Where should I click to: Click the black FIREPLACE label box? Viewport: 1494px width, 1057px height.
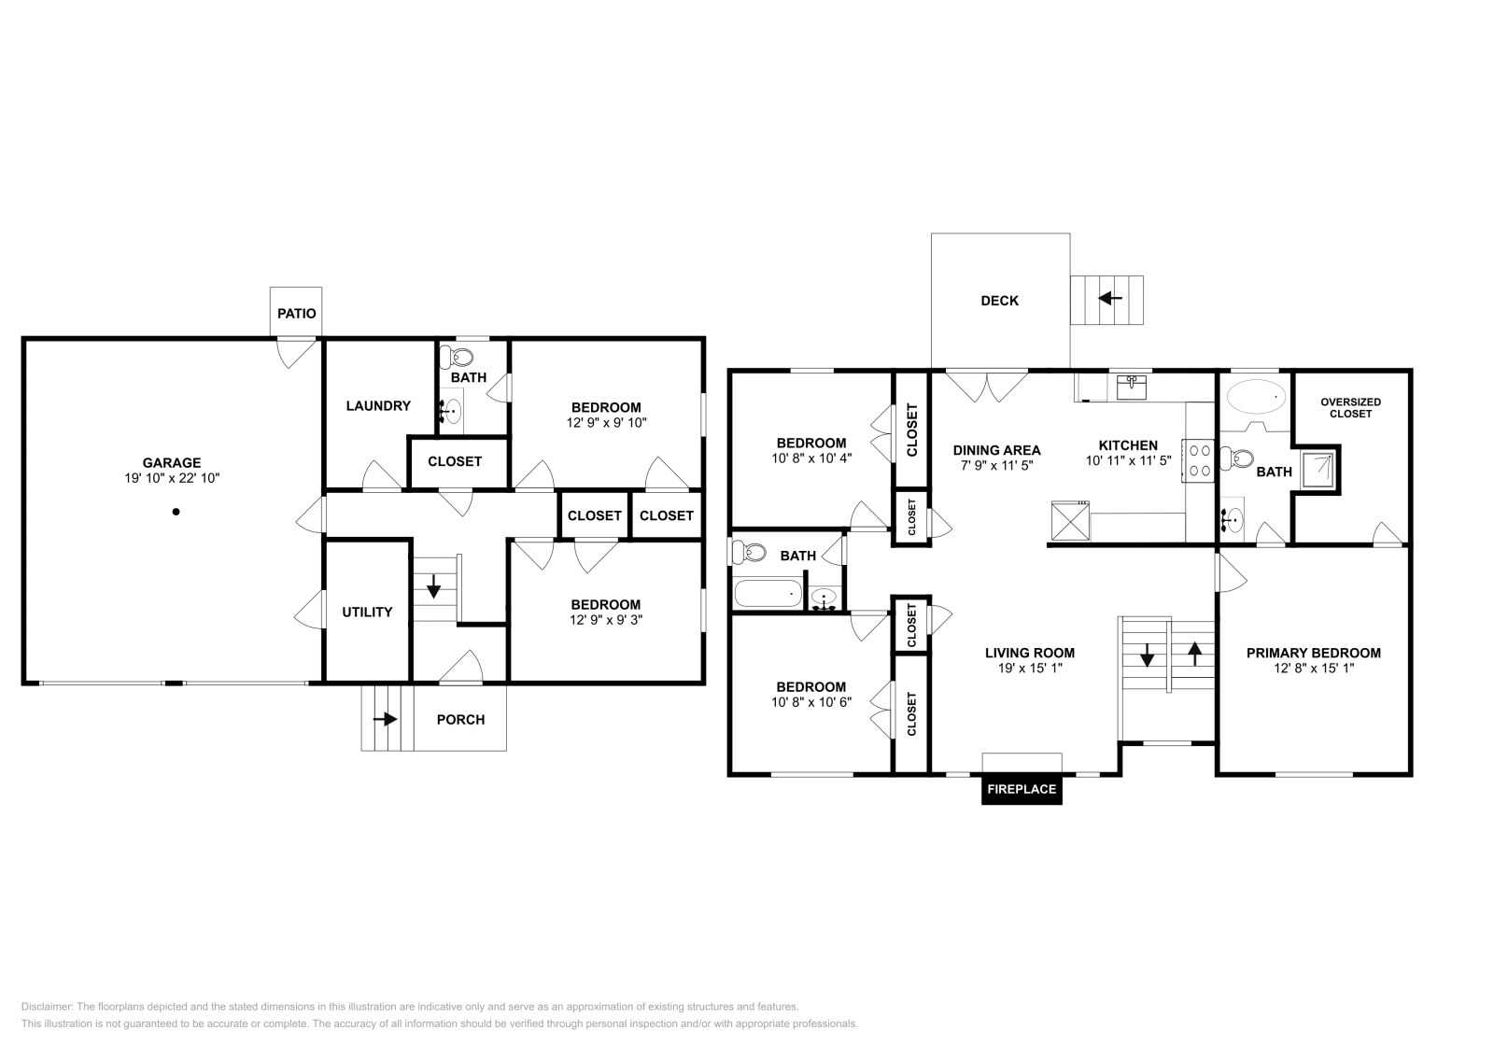pyautogui.click(x=1022, y=790)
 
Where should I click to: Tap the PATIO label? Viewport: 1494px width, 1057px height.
pyautogui.click(x=297, y=314)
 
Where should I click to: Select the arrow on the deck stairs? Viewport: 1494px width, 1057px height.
pyautogui.click(x=1110, y=298)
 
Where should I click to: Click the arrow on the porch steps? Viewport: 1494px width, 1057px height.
pyautogui.click(x=385, y=720)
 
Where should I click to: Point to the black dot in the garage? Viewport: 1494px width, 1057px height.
pyautogui.click(x=176, y=512)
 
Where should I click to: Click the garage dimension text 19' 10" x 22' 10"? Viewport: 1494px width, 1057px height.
pyautogui.click(x=172, y=478)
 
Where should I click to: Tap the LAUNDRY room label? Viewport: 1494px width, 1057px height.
pyautogui.click(x=378, y=405)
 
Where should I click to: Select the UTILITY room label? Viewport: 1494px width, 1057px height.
pyautogui.click(x=367, y=613)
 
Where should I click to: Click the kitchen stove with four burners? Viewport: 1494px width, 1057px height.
pyautogui.click(x=1199, y=460)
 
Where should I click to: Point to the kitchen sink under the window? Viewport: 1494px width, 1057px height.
pyautogui.click(x=1131, y=387)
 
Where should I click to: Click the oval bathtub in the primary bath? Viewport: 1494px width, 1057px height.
pyautogui.click(x=1256, y=397)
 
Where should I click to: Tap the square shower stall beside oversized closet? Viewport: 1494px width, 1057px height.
pyautogui.click(x=1318, y=470)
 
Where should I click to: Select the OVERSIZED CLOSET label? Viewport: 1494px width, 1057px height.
pyautogui.click(x=1350, y=408)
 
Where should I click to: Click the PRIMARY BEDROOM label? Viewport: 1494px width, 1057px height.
pyautogui.click(x=1313, y=653)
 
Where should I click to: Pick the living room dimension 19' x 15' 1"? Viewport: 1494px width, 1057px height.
pyautogui.click(x=1030, y=669)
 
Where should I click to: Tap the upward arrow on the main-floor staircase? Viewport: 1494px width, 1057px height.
pyautogui.click(x=1194, y=654)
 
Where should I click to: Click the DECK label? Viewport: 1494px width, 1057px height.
pyautogui.click(x=1000, y=301)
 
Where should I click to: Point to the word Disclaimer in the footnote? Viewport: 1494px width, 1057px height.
pyautogui.click(x=46, y=1007)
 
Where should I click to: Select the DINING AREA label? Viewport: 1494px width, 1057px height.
pyautogui.click(x=996, y=451)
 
